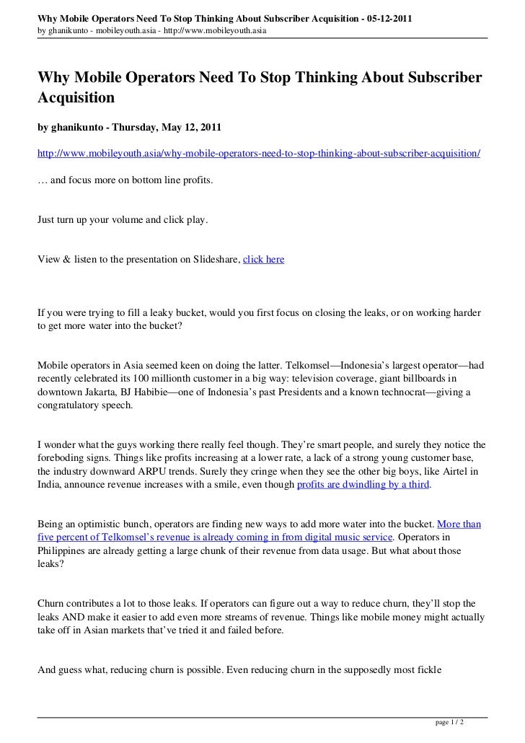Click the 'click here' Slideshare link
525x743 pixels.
[x=263, y=259]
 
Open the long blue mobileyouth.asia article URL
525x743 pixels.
[x=259, y=155]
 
